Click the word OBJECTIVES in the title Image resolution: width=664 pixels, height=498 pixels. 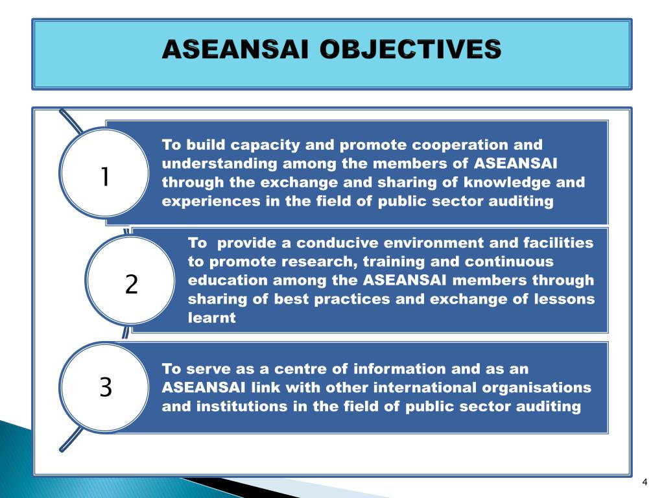tap(410, 50)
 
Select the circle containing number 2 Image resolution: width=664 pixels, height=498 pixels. tap(132, 284)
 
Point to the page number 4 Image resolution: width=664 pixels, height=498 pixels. tap(645, 481)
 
